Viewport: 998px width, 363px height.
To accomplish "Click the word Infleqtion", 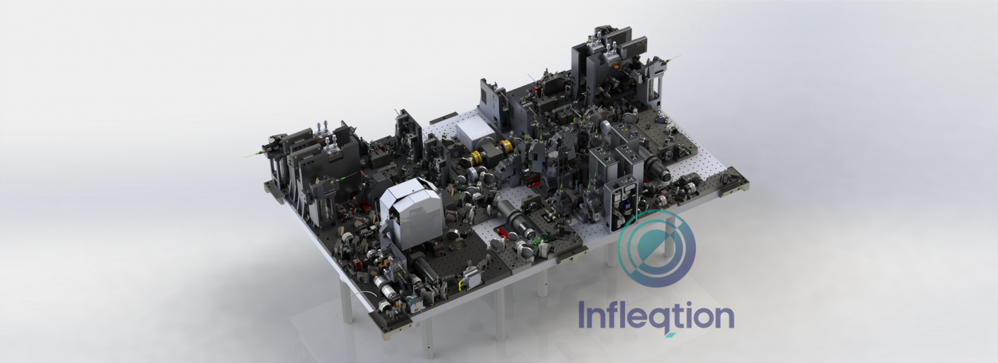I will pyautogui.click(x=656, y=317).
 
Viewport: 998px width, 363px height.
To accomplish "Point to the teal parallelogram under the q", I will pyautogui.click(x=670, y=335).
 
